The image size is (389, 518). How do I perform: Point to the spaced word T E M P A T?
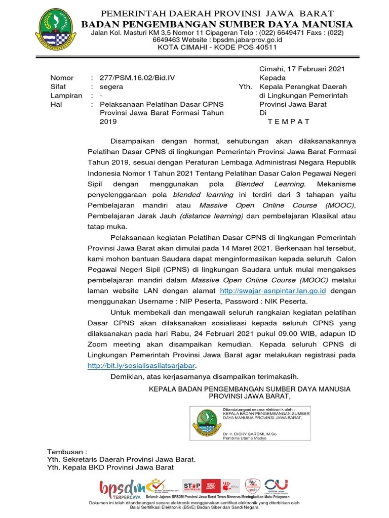(288, 121)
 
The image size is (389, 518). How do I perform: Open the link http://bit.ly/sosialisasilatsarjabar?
(141, 366)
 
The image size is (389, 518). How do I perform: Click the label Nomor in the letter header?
(62, 78)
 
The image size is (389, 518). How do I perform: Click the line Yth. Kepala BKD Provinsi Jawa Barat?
(110, 467)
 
